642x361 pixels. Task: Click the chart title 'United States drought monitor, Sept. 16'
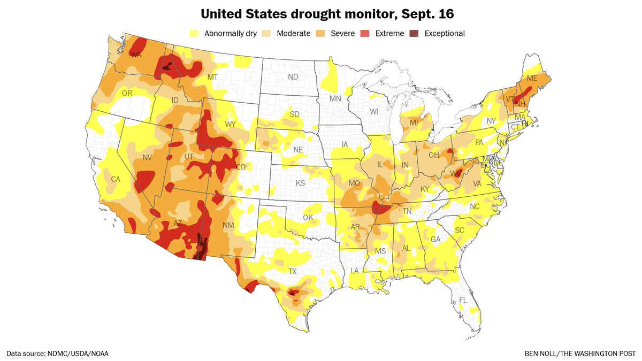click(321, 12)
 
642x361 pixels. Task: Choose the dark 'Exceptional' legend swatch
click(414, 33)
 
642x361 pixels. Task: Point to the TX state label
click(292, 271)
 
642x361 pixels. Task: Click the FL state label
click(463, 300)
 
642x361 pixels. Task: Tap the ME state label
click(532, 78)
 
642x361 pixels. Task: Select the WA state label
click(136, 55)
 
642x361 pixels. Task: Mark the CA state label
click(115, 179)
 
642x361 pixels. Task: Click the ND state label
click(293, 77)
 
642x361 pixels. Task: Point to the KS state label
click(301, 183)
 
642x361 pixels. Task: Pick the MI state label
click(414, 123)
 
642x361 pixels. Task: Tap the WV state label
click(455, 173)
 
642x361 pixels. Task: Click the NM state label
click(228, 226)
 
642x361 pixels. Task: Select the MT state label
click(213, 78)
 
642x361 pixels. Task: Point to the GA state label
click(435, 239)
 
